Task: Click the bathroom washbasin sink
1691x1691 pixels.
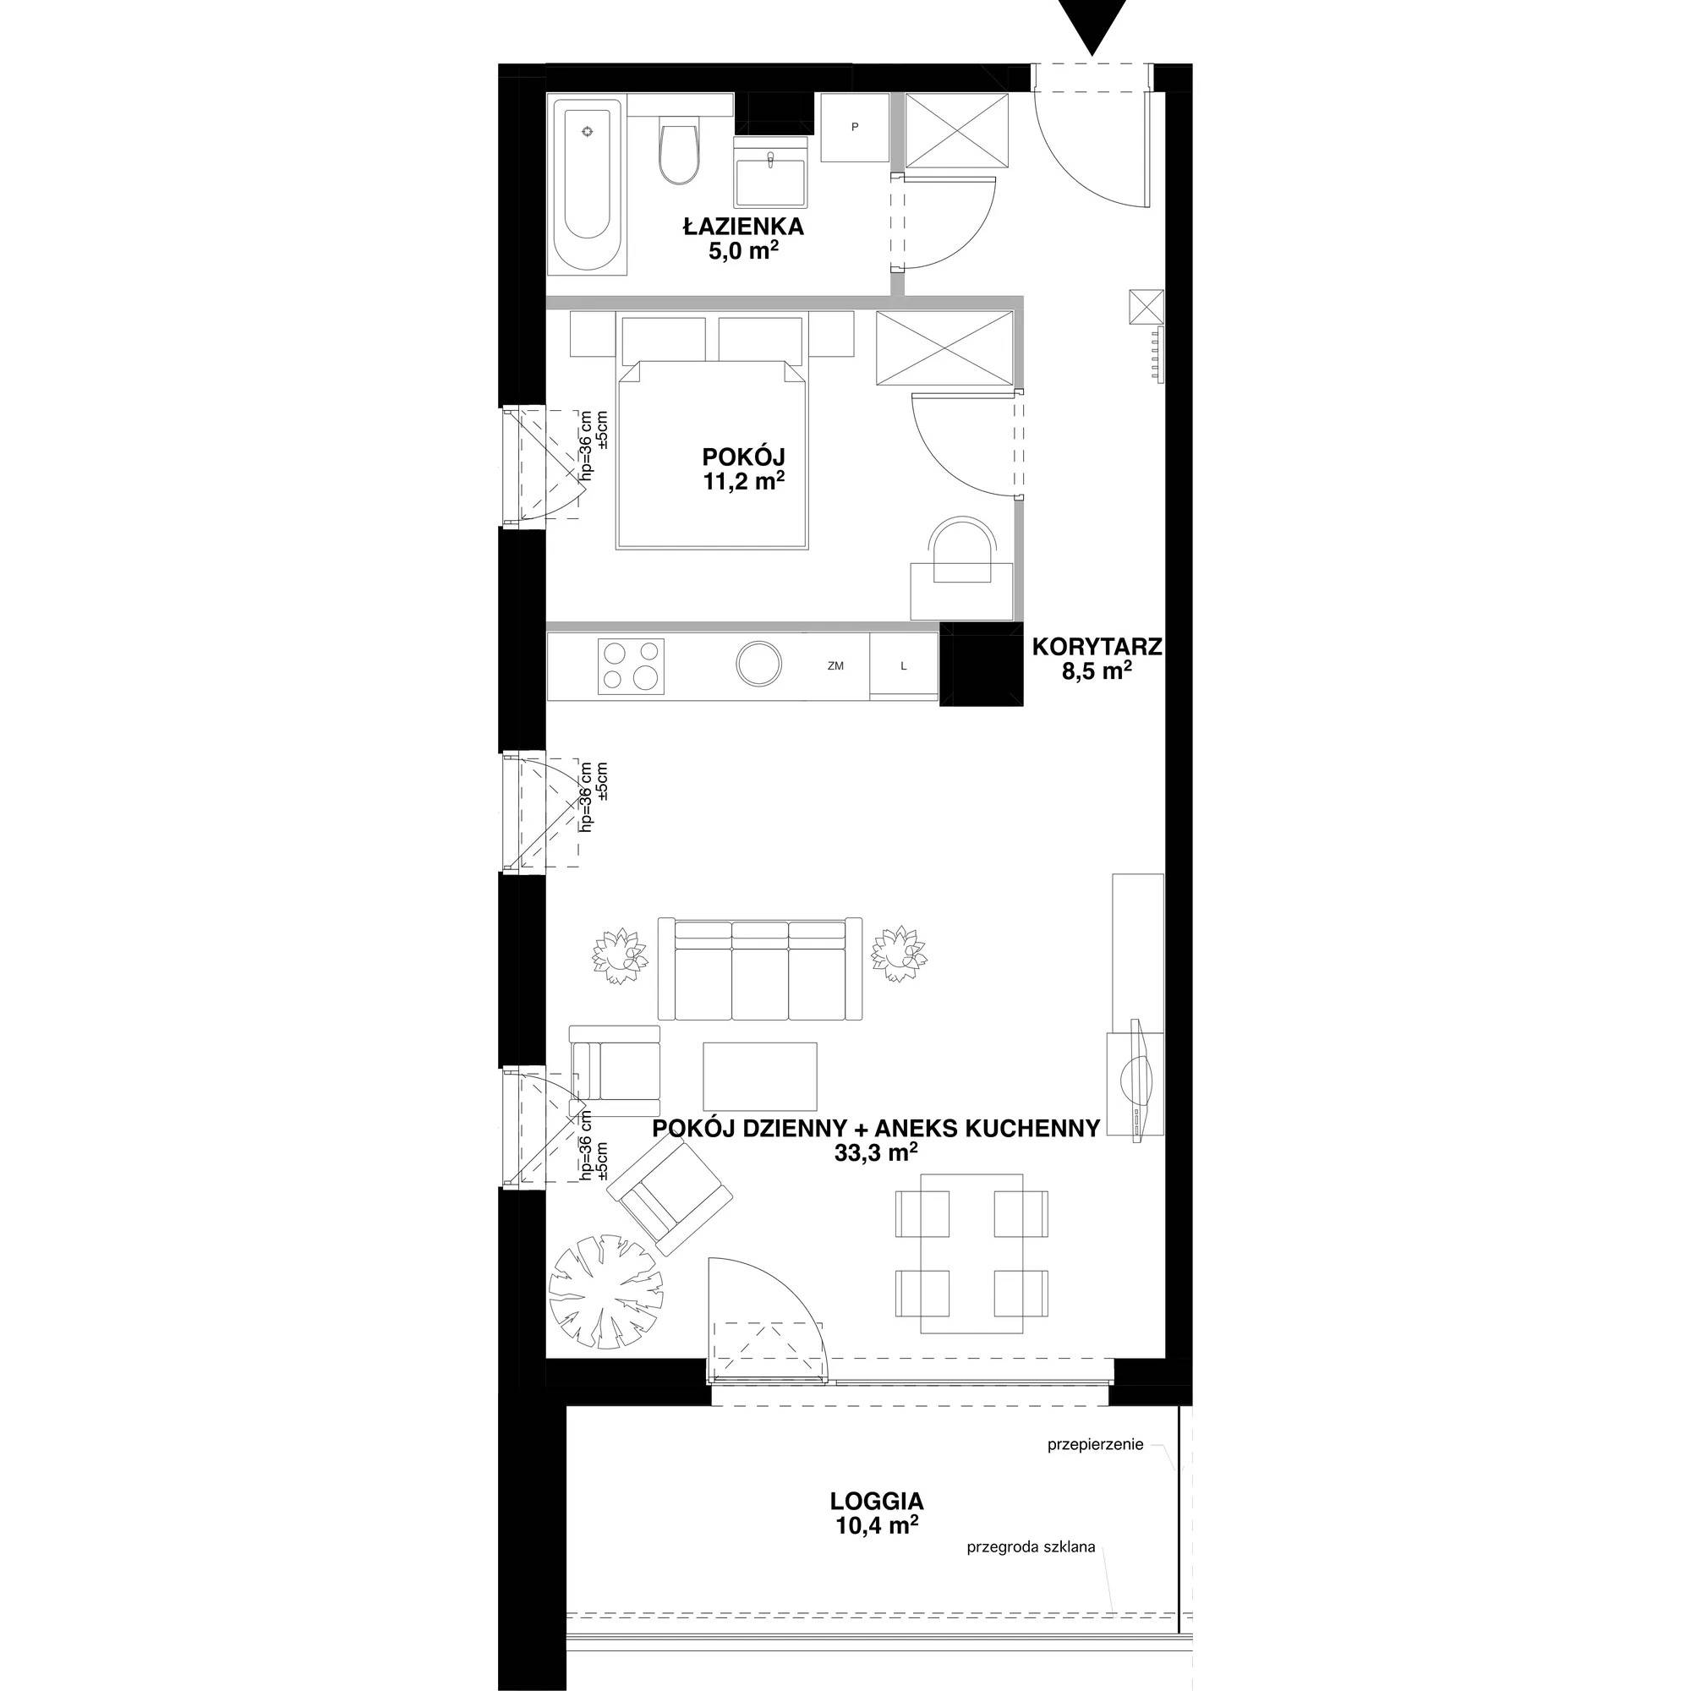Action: (x=770, y=174)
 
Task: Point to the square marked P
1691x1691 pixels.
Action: (x=855, y=128)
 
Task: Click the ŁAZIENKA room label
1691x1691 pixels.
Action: (x=743, y=227)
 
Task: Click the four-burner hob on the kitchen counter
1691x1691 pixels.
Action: (x=630, y=665)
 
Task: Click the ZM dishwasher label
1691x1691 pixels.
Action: (x=835, y=665)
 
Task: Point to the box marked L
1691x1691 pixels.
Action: (x=903, y=665)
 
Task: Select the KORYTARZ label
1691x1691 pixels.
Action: (x=1097, y=647)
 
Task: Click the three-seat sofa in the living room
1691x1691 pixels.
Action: (x=760, y=969)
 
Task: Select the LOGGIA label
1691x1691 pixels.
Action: (x=876, y=1501)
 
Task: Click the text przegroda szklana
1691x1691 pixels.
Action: (x=1030, y=1546)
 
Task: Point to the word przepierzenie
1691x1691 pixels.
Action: (x=1095, y=1444)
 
